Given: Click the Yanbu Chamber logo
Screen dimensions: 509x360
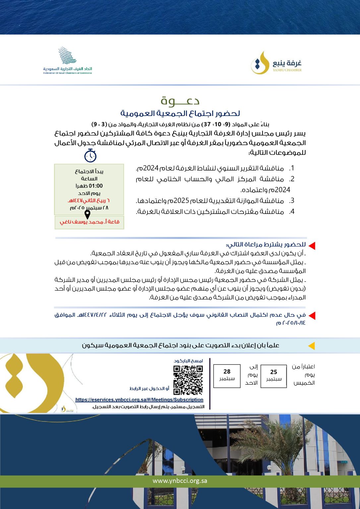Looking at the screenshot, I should [x=276, y=63].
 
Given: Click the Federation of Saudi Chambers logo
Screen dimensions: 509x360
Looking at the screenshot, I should [x=68, y=60].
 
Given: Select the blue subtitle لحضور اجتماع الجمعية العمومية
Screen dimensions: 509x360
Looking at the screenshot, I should [x=180, y=113].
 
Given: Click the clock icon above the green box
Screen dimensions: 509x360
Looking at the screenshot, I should [x=90, y=155].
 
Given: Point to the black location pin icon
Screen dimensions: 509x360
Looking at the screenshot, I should [x=88, y=214].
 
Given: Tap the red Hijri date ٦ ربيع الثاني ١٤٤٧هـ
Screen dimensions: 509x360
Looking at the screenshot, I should [x=89, y=200].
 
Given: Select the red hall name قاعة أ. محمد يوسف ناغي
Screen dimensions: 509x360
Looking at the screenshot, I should [x=90, y=222].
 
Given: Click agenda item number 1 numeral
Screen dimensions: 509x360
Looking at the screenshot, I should [x=292, y=168].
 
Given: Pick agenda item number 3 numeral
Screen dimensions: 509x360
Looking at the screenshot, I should [x=292, y=201].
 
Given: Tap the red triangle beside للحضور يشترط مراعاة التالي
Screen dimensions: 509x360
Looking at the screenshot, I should [x=312, y=246].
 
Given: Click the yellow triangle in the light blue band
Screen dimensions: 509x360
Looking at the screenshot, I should [x=311, y=346].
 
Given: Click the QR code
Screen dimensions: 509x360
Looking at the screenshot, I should [x=188, y=380].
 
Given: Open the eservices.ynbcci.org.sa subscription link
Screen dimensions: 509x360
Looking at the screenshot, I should [x=139, y=400].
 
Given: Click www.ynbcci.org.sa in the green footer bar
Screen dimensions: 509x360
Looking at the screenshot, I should [x=180, y=481].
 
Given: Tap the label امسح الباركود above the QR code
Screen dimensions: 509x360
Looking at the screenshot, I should [x=188, y=361].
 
